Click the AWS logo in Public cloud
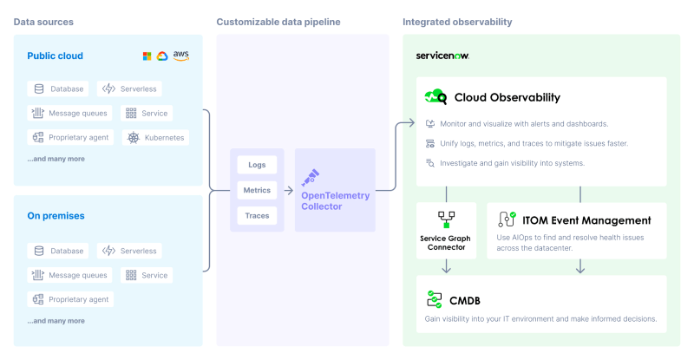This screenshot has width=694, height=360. coord(180,56)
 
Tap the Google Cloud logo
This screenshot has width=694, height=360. coord(162,56)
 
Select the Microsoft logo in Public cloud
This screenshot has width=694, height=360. coord(147,56)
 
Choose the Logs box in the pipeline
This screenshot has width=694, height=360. coord(257,165)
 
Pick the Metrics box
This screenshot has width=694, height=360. coord(257,190)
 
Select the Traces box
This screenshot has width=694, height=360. coord(257,215)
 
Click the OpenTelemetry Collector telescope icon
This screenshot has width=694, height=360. coord(310,177)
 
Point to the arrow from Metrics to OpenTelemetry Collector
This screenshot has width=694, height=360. coord(287,190)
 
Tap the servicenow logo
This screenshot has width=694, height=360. coord(442,56)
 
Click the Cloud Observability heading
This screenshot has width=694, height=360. coord(507,97)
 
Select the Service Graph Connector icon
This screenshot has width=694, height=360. coord(446,219)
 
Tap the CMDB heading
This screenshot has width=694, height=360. coord(465,300)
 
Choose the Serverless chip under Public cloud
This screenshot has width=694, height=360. coord(130,88)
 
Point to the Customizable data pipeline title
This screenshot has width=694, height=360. coord(278,21)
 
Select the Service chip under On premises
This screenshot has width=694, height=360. coord(147,275)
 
